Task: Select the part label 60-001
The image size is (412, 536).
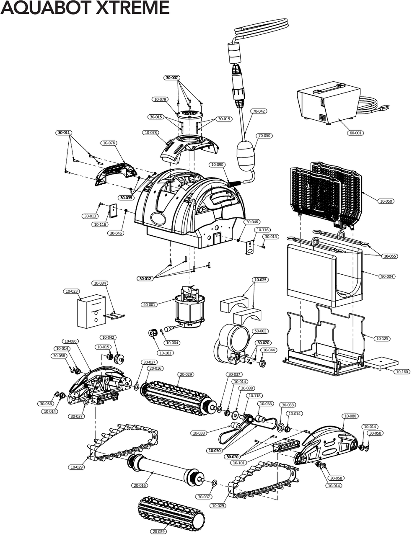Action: click(x=355, y=133)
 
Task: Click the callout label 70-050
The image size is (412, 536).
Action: click(x=264, y=136)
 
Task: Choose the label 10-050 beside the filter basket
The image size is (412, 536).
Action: click(x=386, y=201)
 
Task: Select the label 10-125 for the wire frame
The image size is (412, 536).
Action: click(x=382, y=338)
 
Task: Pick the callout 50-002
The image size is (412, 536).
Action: click(x=260, y=331)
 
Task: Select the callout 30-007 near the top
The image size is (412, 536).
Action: click(x=172, y=78)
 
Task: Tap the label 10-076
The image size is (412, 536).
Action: click(x=109, y=143)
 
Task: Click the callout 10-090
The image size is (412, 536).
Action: click(x=217, y=165)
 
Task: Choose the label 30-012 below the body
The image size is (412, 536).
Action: click(x=145, y=278)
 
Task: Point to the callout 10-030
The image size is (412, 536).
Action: click(x=214, y=451)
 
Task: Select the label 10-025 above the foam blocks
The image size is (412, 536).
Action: click(x=260, y=280)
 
